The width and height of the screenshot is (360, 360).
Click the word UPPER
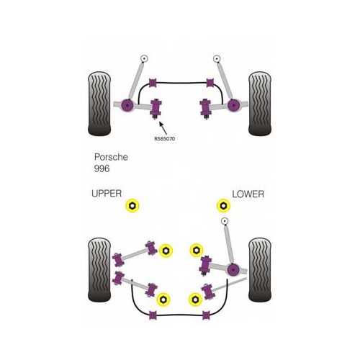107,194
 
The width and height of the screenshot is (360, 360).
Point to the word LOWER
248,194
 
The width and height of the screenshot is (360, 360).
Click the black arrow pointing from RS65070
163,124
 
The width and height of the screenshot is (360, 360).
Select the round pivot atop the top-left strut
145,58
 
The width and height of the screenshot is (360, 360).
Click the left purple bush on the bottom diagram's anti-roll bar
153,314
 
